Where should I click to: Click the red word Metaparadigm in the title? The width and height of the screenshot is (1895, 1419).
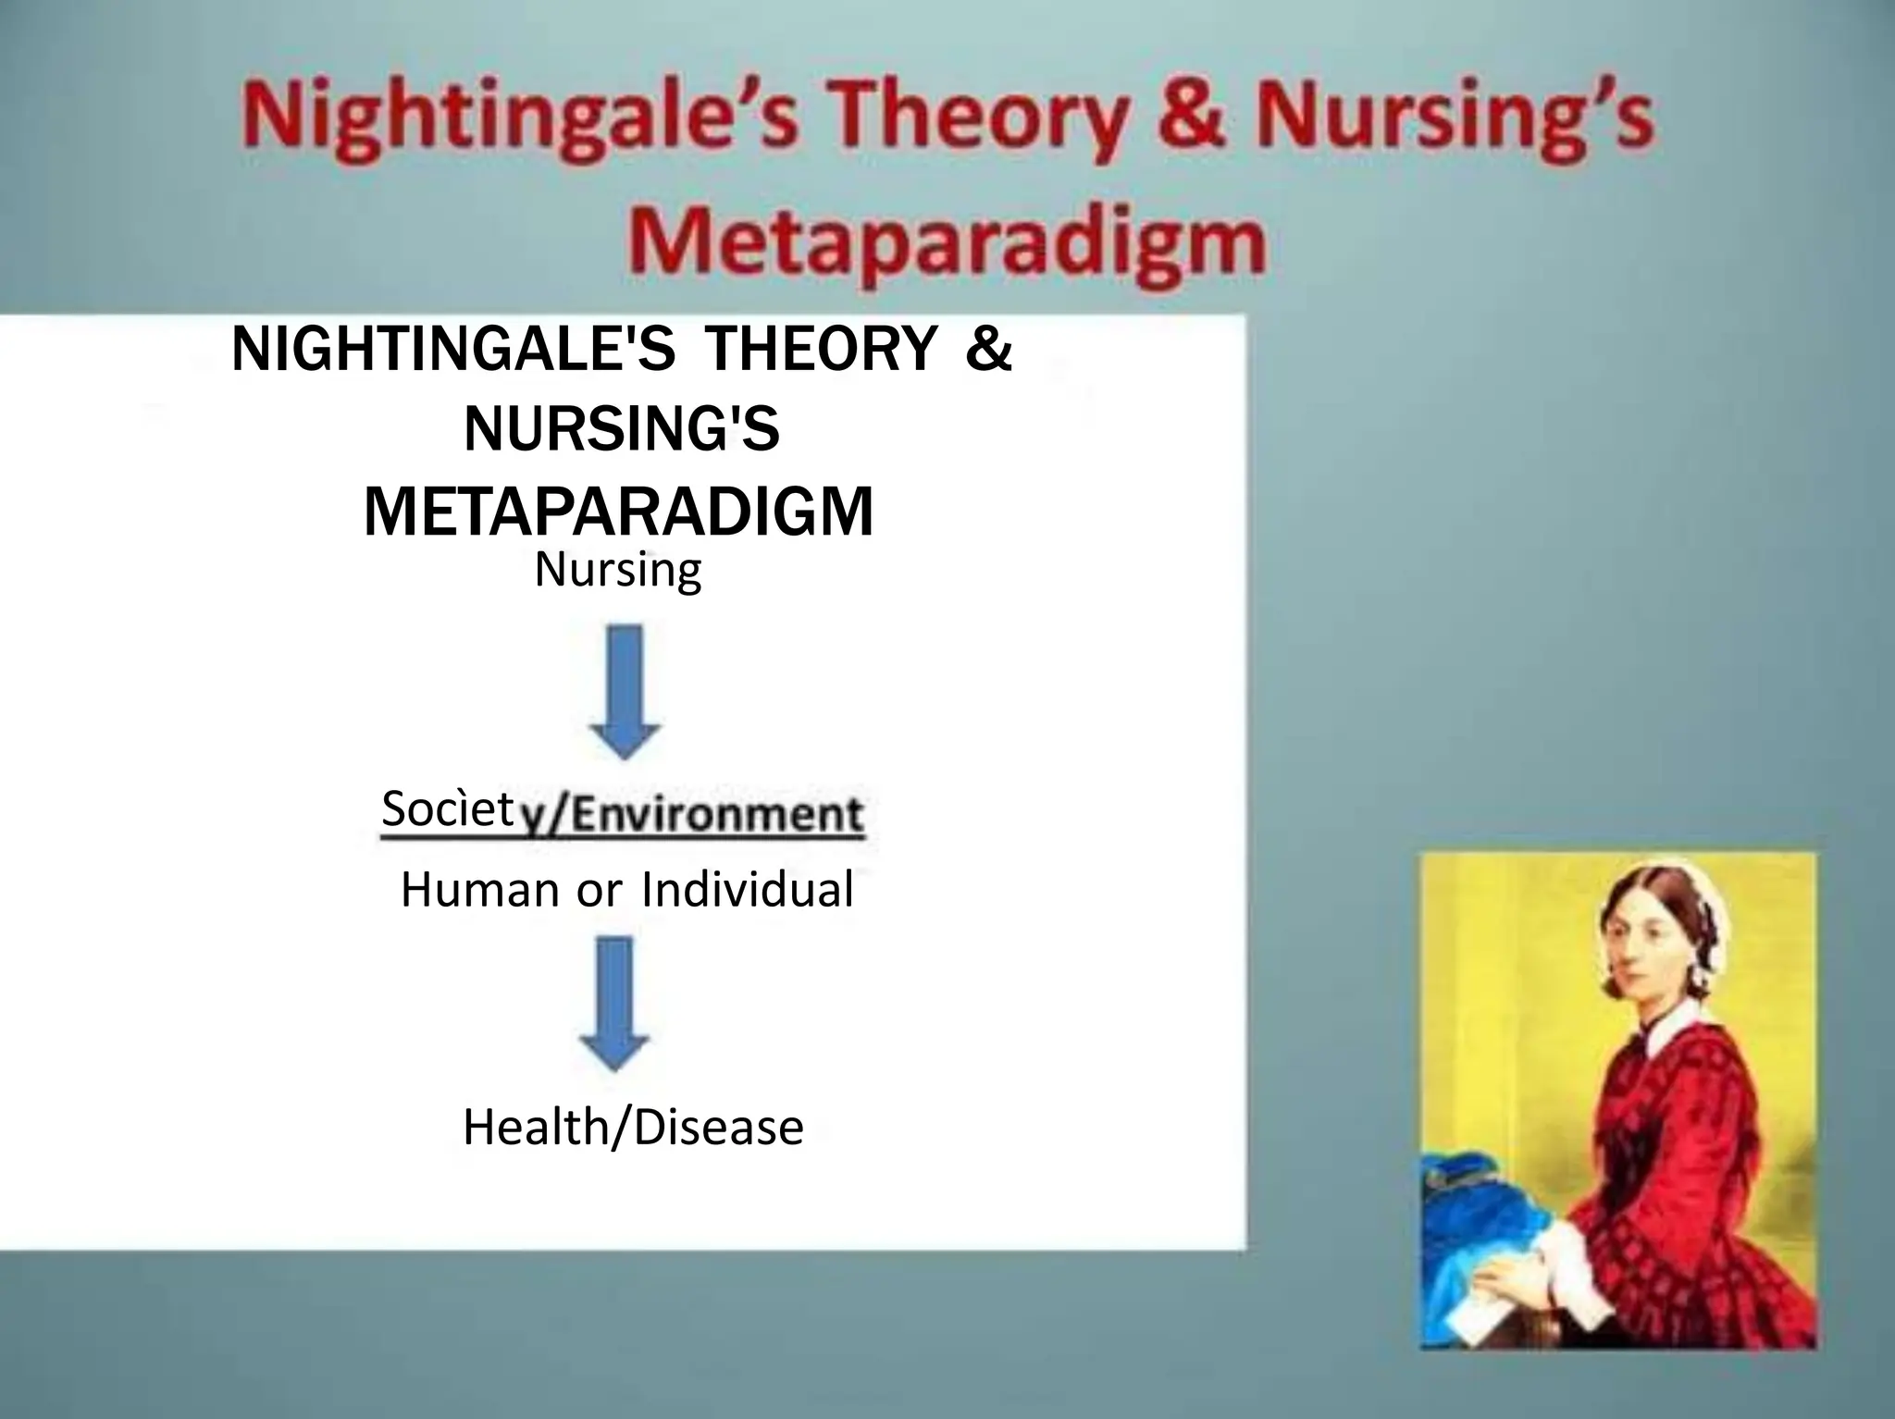point(946,242)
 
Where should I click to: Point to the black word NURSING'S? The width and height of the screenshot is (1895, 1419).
point(622,430)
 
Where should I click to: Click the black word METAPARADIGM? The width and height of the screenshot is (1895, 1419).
point(618,512)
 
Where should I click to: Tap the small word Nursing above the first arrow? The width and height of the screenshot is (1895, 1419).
point(618,570)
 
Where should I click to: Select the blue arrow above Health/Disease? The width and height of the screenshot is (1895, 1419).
point(615,1003)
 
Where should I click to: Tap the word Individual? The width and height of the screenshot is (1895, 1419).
point(747,890)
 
